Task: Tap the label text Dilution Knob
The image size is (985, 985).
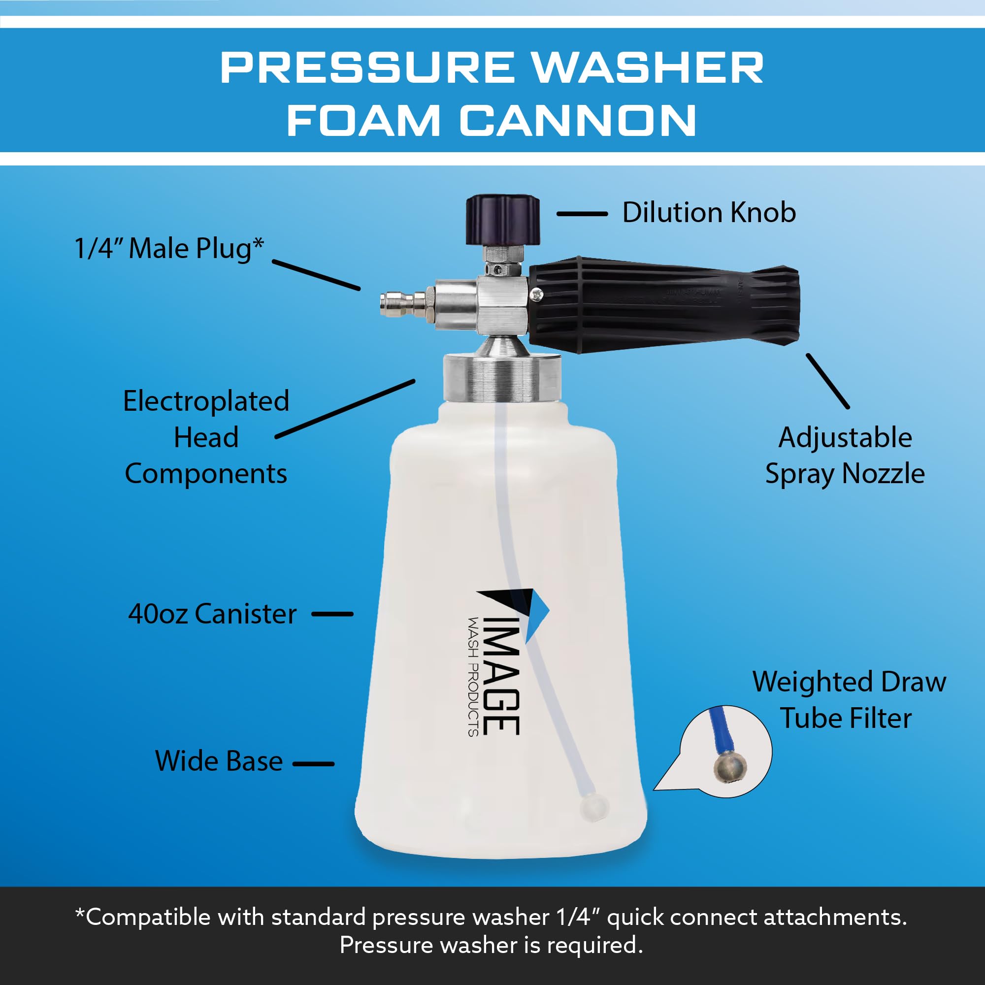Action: tap(709, 213)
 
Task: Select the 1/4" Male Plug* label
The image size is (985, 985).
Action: tap(169, 249)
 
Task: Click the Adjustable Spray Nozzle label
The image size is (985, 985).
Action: tap(845, 455)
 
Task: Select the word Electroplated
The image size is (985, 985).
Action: tap(206, 401)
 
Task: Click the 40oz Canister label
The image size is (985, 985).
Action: tap(212, 613)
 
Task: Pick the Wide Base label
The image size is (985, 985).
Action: tap(219, 761)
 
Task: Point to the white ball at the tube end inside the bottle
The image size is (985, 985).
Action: tap(594, 807)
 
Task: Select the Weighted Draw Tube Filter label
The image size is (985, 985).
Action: tap(849, 699)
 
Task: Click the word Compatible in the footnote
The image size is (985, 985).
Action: tap(148, 917)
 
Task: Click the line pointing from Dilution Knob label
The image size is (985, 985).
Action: tap(582, 214)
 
